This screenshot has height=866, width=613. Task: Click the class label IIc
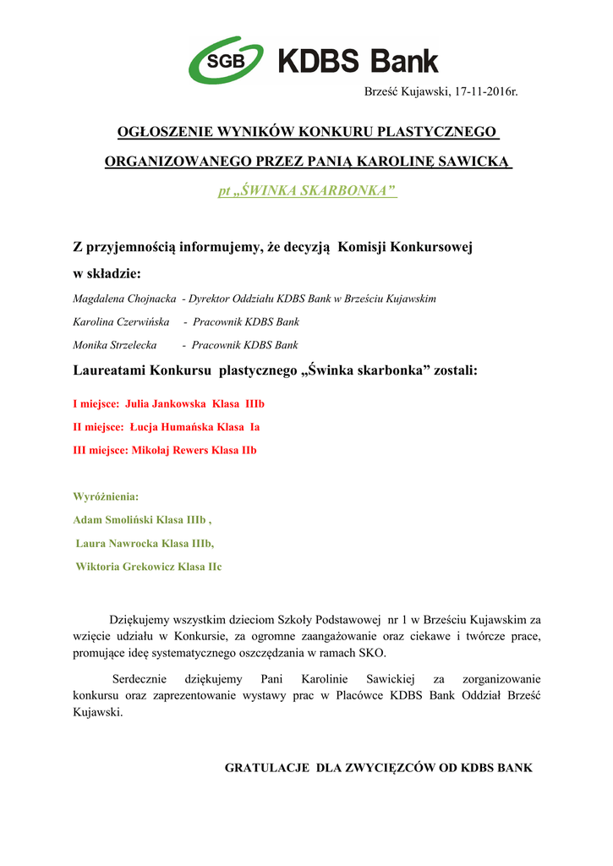coord(215,567)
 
